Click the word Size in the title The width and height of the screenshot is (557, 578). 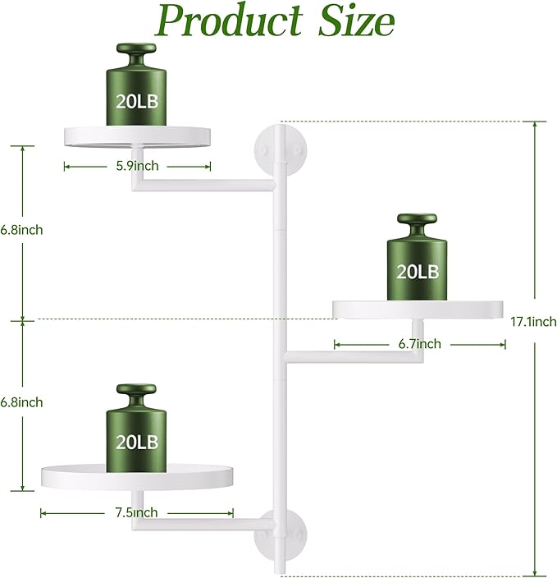pos(357,21)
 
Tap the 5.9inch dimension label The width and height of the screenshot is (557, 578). pos(138,166)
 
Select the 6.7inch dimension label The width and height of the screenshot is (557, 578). pos(419,344)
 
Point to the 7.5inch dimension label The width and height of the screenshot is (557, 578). pos(136,512)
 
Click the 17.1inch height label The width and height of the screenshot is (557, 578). pos(533,322)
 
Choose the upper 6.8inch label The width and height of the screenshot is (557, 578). pos(21,230)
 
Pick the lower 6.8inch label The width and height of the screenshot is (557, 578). pos(21,402)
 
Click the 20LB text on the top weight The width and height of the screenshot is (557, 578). pos(137,101)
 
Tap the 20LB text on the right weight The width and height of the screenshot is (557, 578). pos(418,272)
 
